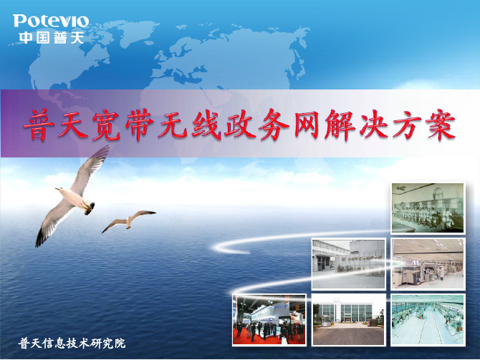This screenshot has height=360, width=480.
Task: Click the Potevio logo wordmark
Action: click(51, 21)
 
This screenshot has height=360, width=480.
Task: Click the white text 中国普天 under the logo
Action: click(51, 38)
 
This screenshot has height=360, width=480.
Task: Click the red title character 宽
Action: click(106, 125)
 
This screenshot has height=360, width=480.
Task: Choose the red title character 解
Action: click(340, 125)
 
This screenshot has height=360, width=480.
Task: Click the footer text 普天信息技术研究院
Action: click(72, 344)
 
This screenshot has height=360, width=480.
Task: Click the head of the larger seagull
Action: click(60, 190)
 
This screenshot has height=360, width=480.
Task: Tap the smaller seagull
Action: click(128, 220)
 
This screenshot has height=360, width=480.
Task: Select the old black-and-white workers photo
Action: click(428, 208)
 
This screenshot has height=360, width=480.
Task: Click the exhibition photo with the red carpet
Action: click(269, 320)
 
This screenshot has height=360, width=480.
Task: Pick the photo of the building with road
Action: click(349, 320)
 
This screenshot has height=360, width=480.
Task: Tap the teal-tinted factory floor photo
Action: click(428, 320)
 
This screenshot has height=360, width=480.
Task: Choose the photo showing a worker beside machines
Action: click(428, 264)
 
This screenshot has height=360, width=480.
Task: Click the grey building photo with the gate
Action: click(349, 264)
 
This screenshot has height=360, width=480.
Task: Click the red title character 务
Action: click(273, 125)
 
